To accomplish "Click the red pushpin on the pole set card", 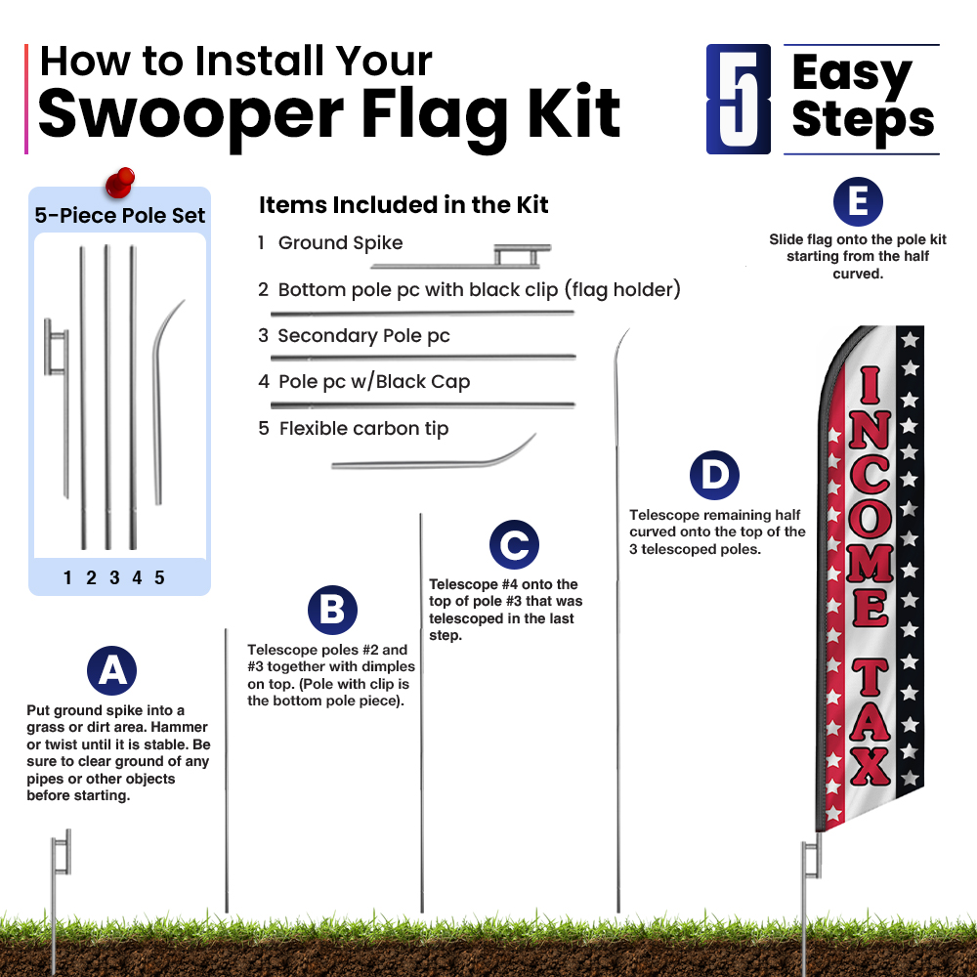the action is [x=119, y=182].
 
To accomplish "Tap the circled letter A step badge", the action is [x=112, y=670].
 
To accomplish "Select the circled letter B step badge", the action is [x=333, y=610].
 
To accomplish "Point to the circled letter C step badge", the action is [x=514, y=544].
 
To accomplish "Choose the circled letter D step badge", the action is [x=715, y=476].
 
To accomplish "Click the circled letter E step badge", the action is [x=858, y=202].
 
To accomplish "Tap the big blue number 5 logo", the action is [x=739, y=99].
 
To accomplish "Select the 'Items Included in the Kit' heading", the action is [x=404, y=204].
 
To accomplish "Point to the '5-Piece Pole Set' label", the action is [x=119, y=216].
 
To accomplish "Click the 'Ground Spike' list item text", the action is [x=340, y=243].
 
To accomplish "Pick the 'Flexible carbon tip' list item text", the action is [x=363, y=429].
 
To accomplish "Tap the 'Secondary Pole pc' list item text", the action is [x=363, y=336].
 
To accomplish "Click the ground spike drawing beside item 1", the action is [x=461, y=257].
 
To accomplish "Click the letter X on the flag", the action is [x=871, y=766].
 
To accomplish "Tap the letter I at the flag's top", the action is [x=871, y=384].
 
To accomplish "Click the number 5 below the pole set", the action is [x=159, y=577].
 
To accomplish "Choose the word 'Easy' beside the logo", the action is [x=852, y=73].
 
